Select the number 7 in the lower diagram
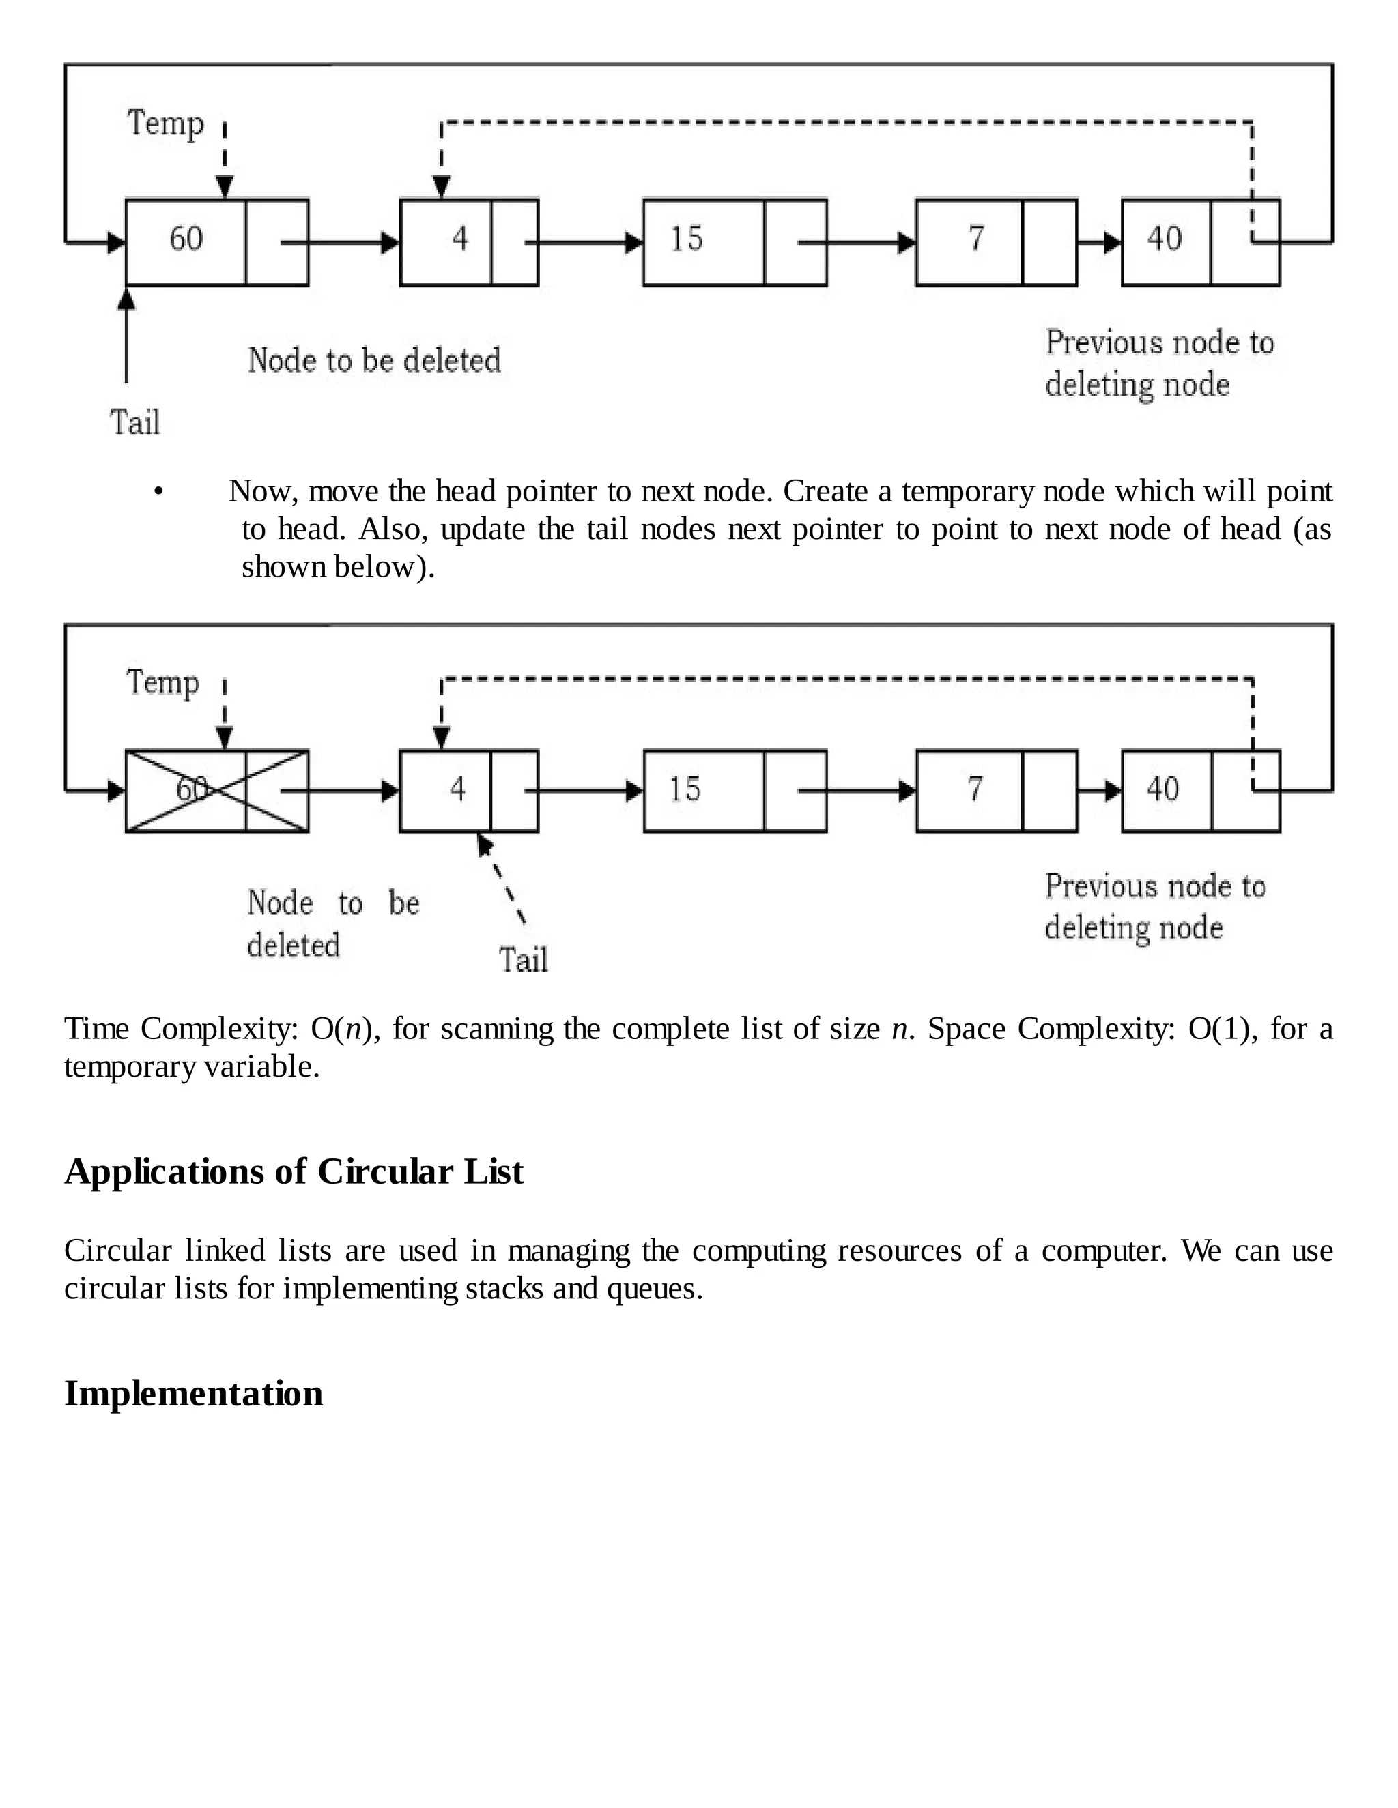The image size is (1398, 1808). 975,789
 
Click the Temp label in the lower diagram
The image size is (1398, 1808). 163,683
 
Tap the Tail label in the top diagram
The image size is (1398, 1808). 135,422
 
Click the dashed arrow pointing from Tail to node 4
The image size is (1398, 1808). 502,880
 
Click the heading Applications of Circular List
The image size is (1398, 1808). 294,1171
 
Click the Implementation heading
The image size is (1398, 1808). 194,1393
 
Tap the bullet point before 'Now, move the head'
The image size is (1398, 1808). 158,493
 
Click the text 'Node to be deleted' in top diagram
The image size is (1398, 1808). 374,360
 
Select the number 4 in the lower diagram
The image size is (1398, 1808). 457,789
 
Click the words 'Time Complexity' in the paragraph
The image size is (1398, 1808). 180,1029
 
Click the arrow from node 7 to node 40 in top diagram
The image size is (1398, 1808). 1099,243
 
